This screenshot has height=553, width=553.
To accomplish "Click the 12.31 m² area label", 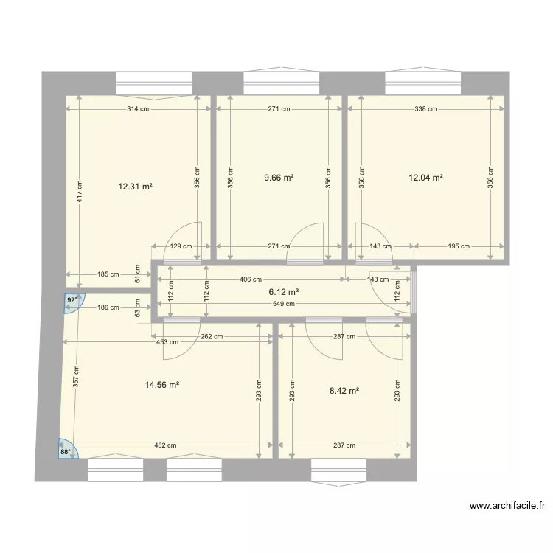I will click(135, 187).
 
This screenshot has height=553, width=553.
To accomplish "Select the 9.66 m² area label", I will click(279, 178).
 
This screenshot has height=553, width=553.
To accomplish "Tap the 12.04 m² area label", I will click(425, 178).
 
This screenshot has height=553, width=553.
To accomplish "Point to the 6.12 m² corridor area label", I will click(282, 292).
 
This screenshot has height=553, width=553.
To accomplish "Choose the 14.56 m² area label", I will click(164, 384).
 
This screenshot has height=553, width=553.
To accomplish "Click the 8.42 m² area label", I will click(344, 391).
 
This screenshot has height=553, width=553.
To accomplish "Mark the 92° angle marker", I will click(72, 301).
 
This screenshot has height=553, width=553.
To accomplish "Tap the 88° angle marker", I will click(66, 451).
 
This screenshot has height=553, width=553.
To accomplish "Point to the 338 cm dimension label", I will click(425, 109).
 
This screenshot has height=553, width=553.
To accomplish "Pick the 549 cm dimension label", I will click(285, 303).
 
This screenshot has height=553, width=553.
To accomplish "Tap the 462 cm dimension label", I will click(164, 445).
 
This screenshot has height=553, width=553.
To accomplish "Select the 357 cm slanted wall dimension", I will click(74, 378).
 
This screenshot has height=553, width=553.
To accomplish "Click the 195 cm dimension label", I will click(459, 246).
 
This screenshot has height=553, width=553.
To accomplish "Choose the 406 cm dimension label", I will click(251, 279).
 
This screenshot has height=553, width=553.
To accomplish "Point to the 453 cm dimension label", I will click(167, 341).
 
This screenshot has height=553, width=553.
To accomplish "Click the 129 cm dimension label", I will click(181, 246).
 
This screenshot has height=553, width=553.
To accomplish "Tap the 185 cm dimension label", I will click(108, 274).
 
